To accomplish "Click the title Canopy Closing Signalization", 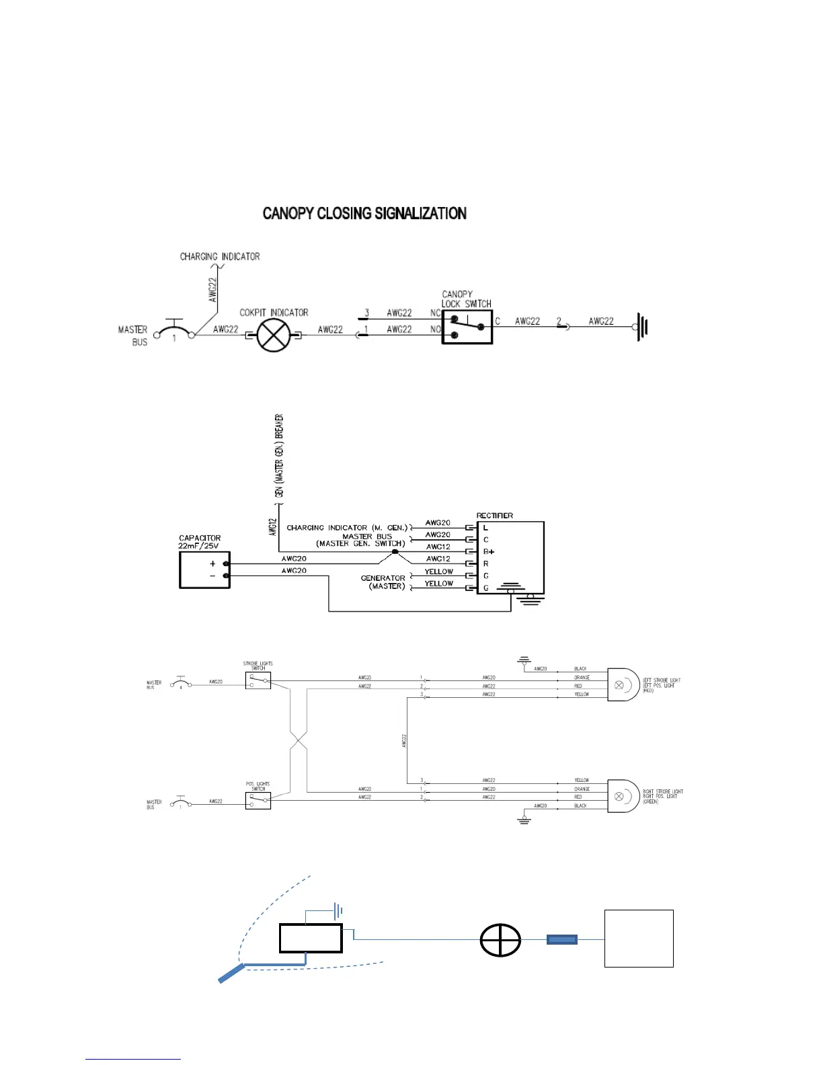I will [x=364, y=214].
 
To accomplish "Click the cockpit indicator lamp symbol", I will [x=274, y=335].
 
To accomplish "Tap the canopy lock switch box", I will [x=467, y=327].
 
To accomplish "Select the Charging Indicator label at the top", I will [x=220, y=256].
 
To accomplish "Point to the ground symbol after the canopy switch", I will [x=642, y=327].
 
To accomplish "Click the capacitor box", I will [x=204, y=569].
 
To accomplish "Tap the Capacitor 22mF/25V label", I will [x=200, y=542].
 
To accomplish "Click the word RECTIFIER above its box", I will [x=495, y=516].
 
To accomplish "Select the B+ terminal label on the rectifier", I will [x=489, y=551].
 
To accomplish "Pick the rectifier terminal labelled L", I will [x=485, y=528].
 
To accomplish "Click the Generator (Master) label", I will [x=383, y=582].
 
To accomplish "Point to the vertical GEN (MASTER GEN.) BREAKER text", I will [x=279, y=457].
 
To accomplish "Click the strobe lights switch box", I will [x=258, y=680].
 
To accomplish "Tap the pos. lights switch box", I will [x=258, y=800].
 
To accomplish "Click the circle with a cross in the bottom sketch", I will [x=500, y=940].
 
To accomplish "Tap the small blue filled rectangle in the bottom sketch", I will [x=562, y=940].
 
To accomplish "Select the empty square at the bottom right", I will [x=639, y=938].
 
